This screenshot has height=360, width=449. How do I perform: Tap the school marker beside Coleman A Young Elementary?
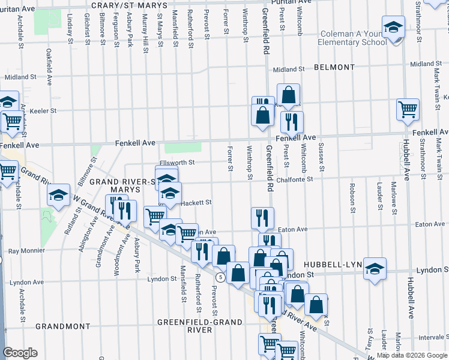[x=394, y=28]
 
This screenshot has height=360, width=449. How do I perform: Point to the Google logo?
[x=20, y=353]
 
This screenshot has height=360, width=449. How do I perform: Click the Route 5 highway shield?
[x=221, y=277]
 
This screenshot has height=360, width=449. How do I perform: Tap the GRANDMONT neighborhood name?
[x=62, y=326]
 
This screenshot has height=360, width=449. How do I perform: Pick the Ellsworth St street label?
[x=178, y=163]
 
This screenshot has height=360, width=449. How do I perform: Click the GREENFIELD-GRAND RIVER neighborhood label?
[x=200, y=326]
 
